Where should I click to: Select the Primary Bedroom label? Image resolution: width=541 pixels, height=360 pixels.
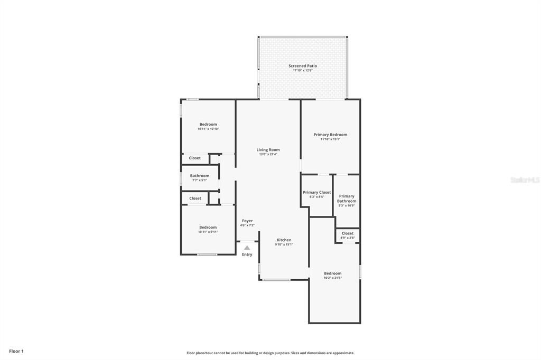(x=330, y=135)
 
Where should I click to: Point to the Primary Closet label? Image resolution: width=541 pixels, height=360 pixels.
(x=316, y=193)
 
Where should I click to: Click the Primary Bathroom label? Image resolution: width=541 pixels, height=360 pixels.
(x=347, y=198)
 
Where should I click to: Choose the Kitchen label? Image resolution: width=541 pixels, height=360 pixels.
(x=284, y=240)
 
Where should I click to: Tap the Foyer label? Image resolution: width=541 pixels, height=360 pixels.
(x=247, y=221)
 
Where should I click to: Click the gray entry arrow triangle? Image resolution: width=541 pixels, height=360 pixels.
(x=247, y=247)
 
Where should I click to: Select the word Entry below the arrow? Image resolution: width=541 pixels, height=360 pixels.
(x=247, y=254)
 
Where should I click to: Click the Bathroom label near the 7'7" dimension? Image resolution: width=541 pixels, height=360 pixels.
(x=200, y=176)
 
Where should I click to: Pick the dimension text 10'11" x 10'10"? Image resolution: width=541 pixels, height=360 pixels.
(x=208, y=129)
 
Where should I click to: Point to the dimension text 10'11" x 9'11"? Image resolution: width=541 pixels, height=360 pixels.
(x=208, y=232)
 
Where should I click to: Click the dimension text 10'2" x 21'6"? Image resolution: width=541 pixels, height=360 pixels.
(x=332, y=278)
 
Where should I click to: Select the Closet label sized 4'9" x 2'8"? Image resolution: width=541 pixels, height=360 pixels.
(x=348, y=233)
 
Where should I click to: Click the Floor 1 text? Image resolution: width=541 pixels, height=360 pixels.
(x=16, y=351)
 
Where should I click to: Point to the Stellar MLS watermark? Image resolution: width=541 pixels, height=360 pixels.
(x=525, y=180)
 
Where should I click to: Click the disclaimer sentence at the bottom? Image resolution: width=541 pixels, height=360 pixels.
(x=270, y=353)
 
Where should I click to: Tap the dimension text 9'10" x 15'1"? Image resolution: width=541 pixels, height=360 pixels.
(x=284, y=244)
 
